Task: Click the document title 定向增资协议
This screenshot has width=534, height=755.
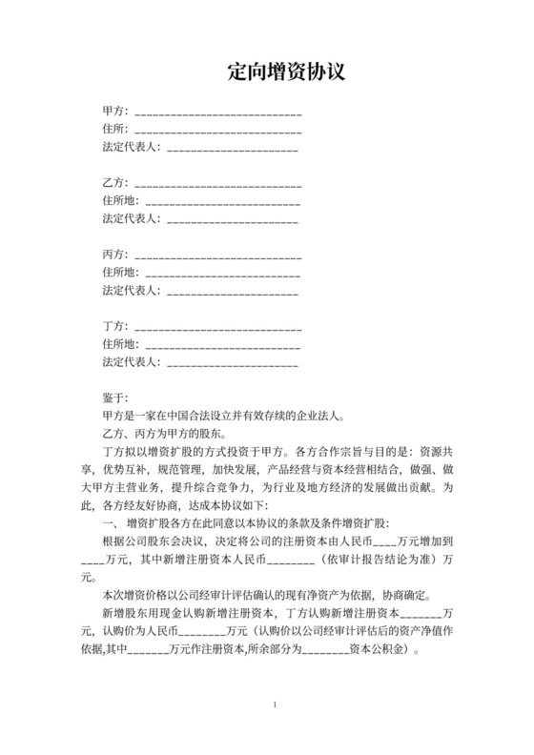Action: pos(285,71)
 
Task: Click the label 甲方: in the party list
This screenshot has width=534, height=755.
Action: pos(115,112)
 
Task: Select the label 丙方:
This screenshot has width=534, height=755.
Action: pos(115,255)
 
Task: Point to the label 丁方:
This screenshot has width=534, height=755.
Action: pos(115,327)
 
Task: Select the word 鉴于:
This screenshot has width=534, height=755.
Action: pos(113,398)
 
